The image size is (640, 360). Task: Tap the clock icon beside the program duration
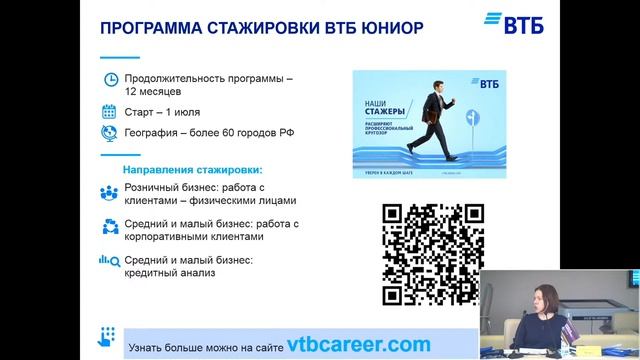(110, 80)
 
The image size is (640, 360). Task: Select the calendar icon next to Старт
(110, 111)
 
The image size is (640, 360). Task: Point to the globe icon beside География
(110, 133)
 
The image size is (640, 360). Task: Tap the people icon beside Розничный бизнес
(110, 194)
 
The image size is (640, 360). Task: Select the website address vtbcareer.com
(344, 344)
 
